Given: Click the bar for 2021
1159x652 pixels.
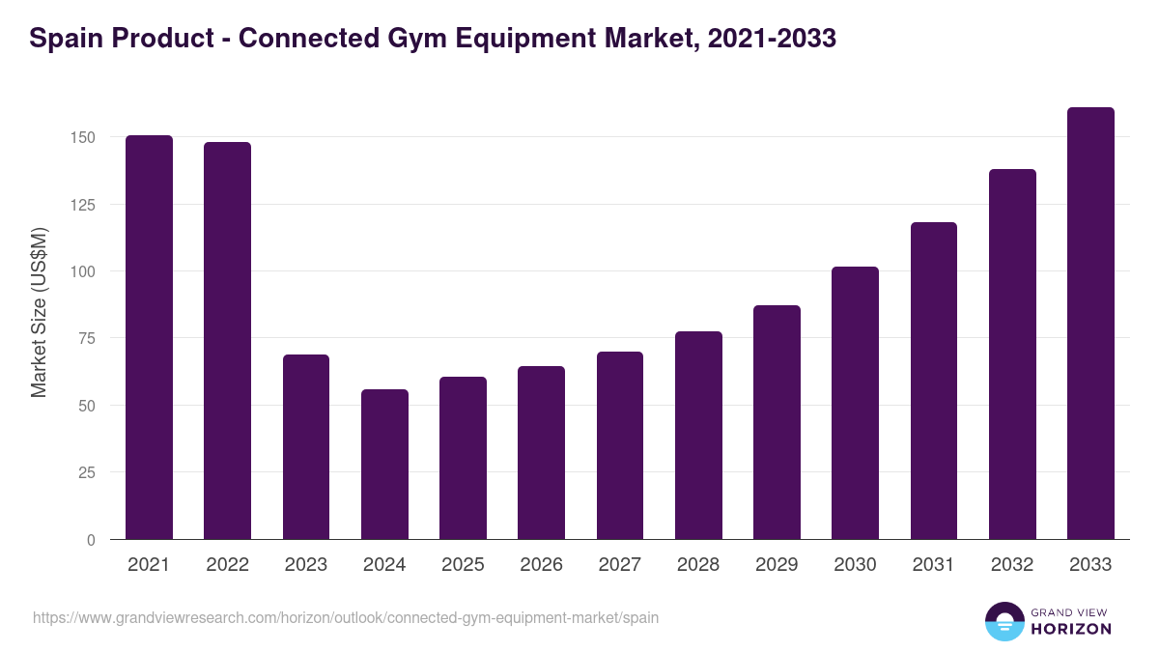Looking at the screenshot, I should [x=149, y=337].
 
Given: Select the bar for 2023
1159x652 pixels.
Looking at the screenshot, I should [x=306, y=447].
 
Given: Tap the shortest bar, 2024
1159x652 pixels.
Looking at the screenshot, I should [x=384, y=465].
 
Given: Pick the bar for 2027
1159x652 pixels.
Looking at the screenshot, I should [x=620, y=445].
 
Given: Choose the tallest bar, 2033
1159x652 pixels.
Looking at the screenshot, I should [x=1090, y=324].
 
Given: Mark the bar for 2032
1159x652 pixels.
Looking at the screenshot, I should [x=1012, y=354].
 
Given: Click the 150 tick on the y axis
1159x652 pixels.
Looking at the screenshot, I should [x=83, y=138].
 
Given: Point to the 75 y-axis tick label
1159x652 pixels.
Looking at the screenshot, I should [x=87, y=339].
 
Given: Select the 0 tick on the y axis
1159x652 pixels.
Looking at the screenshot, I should [x=91, y=540].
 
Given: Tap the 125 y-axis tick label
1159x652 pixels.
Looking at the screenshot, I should [x=83, y=205].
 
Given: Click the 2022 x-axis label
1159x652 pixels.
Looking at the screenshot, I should [x=227, y=565].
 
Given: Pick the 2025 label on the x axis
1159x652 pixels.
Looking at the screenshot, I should [x=463, y=565].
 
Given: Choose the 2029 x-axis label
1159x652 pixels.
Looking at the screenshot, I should [x=777, y=565].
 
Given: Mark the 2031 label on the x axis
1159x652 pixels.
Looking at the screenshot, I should [x=934, y=565].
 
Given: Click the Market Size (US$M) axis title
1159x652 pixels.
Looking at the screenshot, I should [x=39, y=312].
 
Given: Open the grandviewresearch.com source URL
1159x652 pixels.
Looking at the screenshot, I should [x=346, y=617].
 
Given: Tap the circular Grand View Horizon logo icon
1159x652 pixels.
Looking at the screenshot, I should [x=1004, y=621].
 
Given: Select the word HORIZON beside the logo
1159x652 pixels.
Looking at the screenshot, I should [x=1071, y=629].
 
